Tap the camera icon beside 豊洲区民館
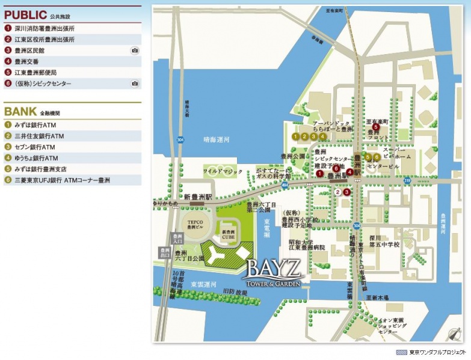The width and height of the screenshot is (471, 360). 135,50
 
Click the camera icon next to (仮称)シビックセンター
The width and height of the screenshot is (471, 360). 135,84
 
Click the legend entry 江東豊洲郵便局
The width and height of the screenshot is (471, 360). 35,73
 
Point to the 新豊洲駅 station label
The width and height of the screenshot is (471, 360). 199,197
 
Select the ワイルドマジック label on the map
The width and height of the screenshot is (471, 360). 221,171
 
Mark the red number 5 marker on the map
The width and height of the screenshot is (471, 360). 376,127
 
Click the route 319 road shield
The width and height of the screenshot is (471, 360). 407,180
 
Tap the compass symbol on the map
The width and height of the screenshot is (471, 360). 452,332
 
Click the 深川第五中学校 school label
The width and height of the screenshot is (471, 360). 384,241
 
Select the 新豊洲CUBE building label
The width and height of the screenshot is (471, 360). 229,234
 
